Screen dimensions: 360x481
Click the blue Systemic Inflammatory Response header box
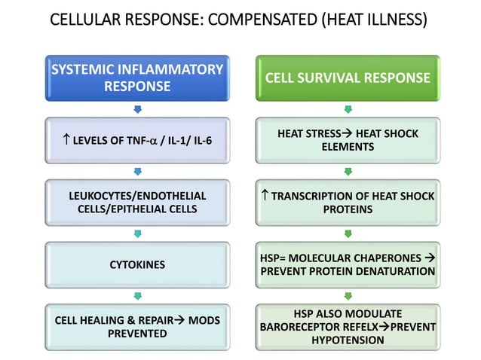click(136, 78)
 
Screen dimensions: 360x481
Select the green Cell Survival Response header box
click(347, 78)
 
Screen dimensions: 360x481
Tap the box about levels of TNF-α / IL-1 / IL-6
click(136, 141)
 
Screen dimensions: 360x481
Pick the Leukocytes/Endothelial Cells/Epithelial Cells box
click(136, 202)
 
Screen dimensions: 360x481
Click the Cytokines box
click(136, 264)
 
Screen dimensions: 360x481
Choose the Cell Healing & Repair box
click(136, 327)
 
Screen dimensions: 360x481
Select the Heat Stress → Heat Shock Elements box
click(347, 141)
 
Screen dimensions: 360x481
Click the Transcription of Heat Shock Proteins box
click(347, 202)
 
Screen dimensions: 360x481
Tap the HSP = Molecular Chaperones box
click(347, 264)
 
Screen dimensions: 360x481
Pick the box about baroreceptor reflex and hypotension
click(347, 327)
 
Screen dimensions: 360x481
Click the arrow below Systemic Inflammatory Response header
click(136, 110)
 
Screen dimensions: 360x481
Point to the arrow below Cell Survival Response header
click(347, 110)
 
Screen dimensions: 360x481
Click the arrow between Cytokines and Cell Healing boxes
click(136, 296)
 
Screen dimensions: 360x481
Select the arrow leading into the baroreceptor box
click(347, 296)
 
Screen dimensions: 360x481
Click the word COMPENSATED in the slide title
click(254, 20)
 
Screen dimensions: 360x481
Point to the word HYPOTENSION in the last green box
click(347, 340)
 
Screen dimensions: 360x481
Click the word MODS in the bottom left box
click(204, 320)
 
